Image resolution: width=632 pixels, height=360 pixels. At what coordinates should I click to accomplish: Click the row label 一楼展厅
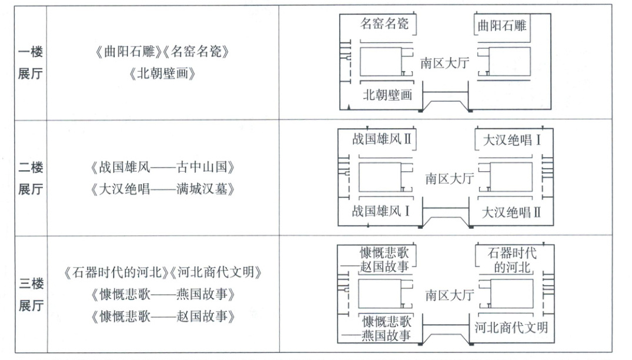(x=30, y=63)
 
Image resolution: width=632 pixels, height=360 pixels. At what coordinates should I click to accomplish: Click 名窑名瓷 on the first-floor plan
(x=387, y=25)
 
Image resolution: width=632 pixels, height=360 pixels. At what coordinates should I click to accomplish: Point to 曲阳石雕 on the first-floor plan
(x=502, y=25)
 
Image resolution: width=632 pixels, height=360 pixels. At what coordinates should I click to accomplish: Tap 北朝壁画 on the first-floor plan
(x=387, y=94)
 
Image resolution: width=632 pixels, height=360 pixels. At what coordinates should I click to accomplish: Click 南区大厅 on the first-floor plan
(x=444, y=63)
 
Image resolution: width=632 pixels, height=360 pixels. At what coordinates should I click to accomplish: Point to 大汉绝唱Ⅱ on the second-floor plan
(x=511, y=212)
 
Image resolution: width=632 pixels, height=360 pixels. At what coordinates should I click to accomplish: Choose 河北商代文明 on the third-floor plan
(x=511, y=327)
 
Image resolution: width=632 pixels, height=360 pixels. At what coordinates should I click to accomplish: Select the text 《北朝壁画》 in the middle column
(x=162, y=74)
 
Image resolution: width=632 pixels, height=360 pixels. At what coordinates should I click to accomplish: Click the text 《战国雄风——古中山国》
(x=163, y=168)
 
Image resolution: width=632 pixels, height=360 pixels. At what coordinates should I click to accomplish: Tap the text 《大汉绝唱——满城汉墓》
(x=163, y=189)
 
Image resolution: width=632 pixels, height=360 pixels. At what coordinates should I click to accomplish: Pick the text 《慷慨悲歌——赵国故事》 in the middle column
(x=163, y=316)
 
